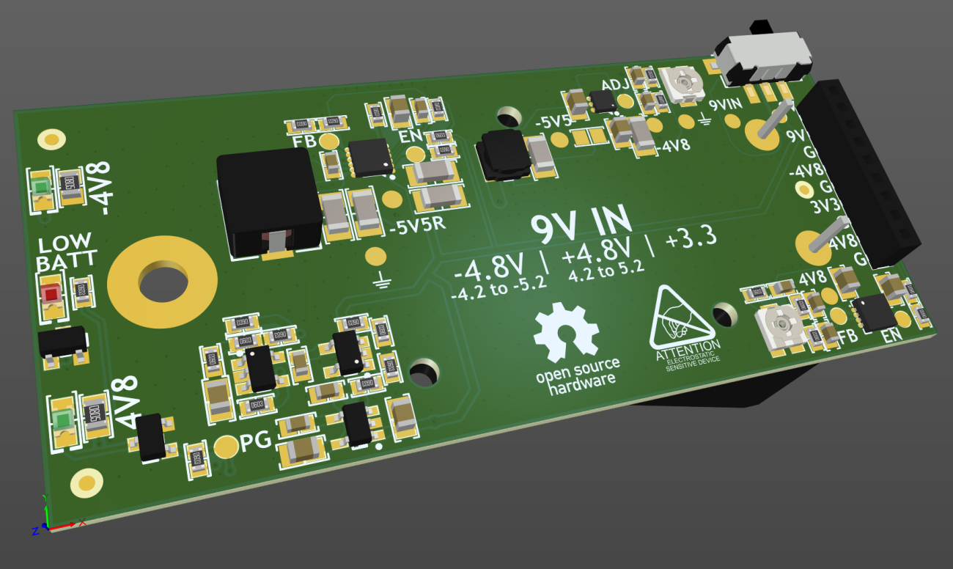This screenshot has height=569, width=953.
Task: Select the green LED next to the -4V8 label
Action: [40, 188]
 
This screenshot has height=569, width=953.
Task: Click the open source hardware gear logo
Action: [565, 334]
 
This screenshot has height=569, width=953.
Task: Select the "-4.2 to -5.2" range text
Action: [498, 290]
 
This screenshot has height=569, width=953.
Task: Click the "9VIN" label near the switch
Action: [726, 105]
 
